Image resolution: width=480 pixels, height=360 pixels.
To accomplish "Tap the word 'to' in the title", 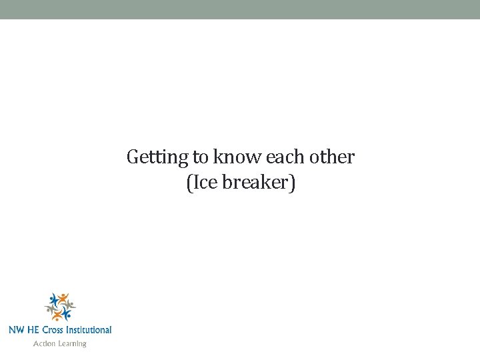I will coord(200,158).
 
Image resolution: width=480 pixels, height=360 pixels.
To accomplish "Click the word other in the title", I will coord(333,158).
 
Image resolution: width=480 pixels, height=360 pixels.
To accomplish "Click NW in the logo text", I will coord(17,329).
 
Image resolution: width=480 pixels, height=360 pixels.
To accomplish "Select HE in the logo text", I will coord(35,329).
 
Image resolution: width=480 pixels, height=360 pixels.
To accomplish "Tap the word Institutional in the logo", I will coord(91,329).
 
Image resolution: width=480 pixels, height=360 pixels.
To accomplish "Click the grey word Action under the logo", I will coord(45,343).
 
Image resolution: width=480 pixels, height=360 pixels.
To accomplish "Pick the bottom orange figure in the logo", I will coord(57,315).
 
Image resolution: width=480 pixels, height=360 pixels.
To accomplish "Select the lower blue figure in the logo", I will coord(67,313).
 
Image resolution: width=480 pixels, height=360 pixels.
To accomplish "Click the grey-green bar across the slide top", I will coord(240,9).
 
